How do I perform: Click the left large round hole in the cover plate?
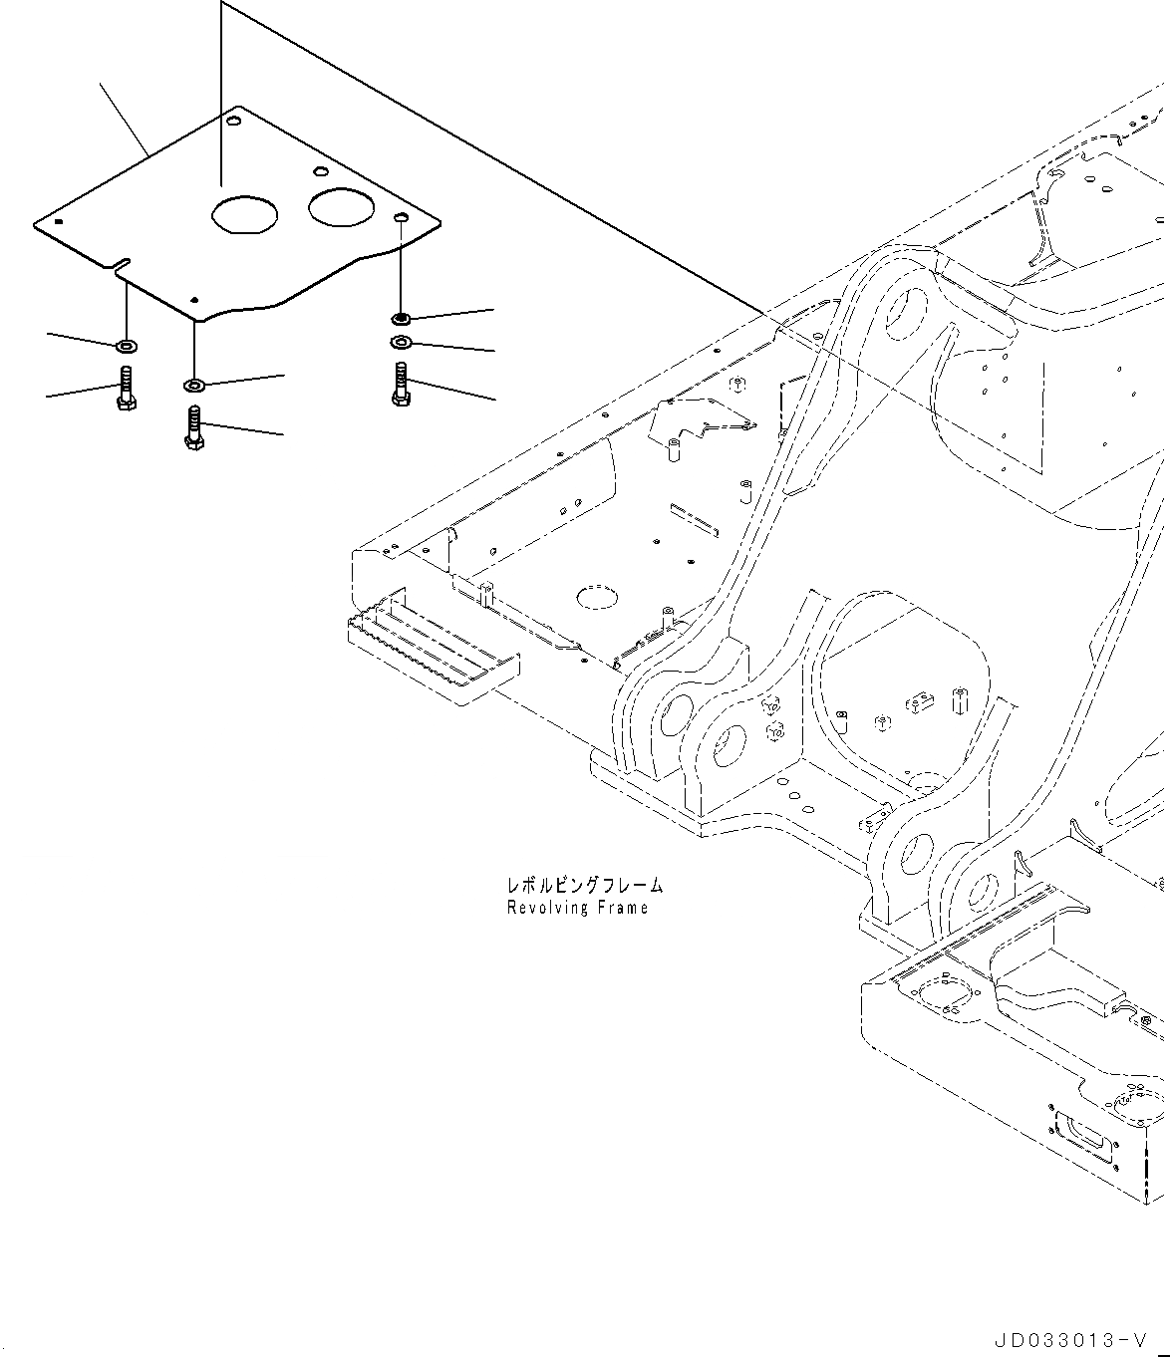click(x=243, y=214)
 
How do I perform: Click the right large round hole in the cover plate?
click(x=340, y=206)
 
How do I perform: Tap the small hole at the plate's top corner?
click(x=234, y=122)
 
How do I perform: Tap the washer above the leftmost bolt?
click(x=127, y=346)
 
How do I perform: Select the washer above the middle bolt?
click(x=193, y=384)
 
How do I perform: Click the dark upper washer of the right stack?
click(x=400, y=318)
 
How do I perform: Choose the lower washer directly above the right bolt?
click(x=400, y=343)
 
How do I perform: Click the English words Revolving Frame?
click(x=577, y=908)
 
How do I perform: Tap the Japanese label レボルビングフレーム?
click(x=584, y=885)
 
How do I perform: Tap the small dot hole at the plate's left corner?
click(x=60, y=221)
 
